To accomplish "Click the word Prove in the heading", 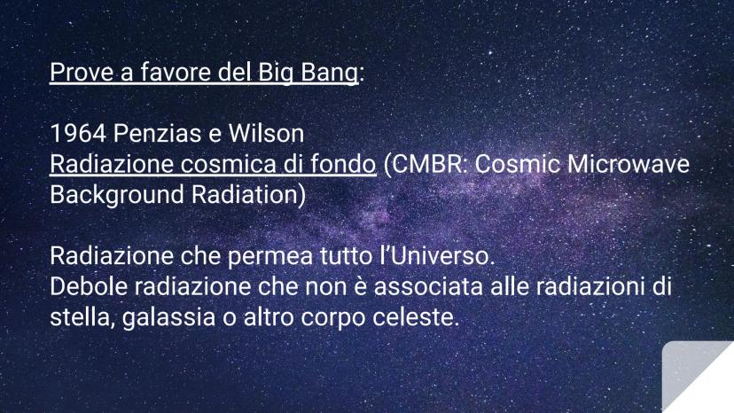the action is click(x=82, y=72).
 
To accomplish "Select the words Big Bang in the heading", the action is click(x=308, y=73).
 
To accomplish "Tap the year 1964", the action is click(x=78, y=134).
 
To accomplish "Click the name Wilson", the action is click(x=266, y=134).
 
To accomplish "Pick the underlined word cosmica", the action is click(x=228, y=164).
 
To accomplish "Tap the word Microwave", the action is click(x=629, y=164).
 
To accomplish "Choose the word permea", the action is click(x=270, y=257).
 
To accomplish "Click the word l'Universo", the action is click(x=437, y=256).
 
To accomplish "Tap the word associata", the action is click(x=428, y=287).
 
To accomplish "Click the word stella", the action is click(x=82, y=317).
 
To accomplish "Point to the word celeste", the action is click(x=416, y=317).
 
